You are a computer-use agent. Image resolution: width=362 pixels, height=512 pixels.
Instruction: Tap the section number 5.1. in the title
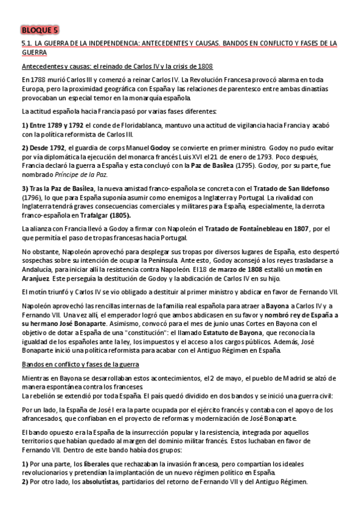(x=27, y=44)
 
